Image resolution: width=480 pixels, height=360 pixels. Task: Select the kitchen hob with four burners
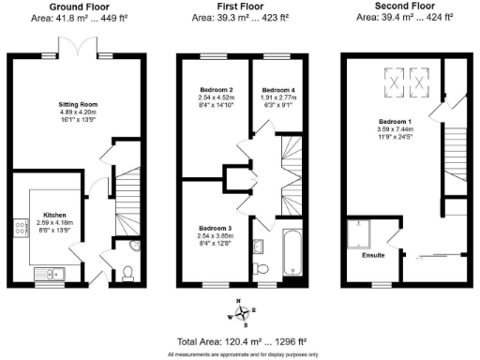[x=20, y=227]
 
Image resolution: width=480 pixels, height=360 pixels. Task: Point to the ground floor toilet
[x=127, y=273]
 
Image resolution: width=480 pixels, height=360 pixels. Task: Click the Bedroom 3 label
[x=215, y=228]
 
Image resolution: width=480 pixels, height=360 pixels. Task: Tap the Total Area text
[x=240, y=343]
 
